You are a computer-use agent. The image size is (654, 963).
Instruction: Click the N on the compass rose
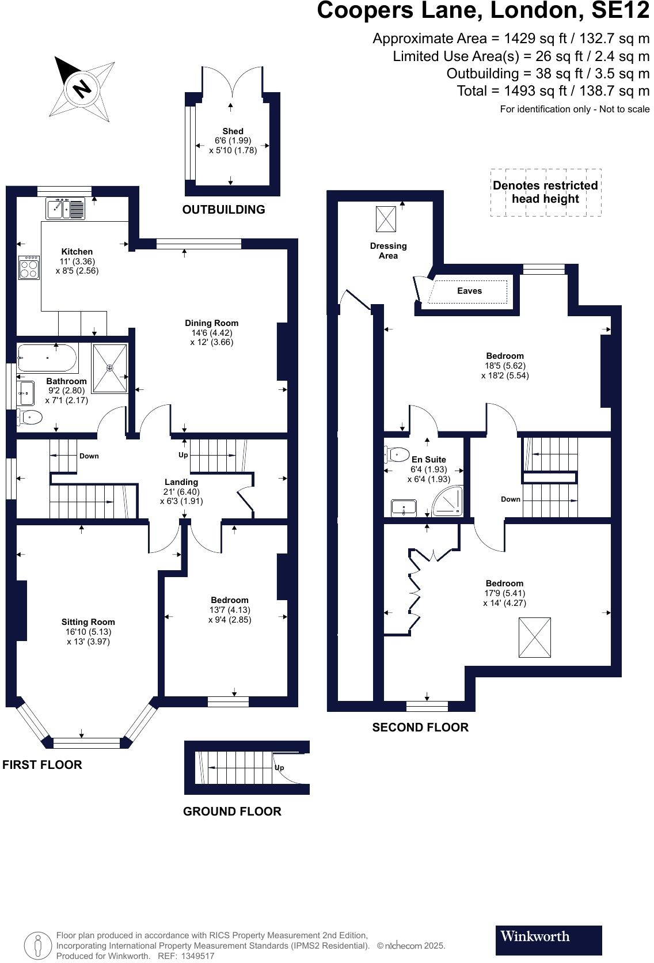pos(82,89)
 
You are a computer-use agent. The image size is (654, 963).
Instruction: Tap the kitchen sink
pos(65,208)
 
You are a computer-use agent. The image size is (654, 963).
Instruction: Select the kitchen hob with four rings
pos(29,268)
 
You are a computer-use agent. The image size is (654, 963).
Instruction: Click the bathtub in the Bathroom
pos(47,358)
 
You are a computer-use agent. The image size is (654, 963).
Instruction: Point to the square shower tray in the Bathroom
pos(109,368)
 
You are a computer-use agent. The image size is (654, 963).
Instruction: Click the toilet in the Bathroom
pos(29,416)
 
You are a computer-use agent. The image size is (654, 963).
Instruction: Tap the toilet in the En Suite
pos(397,454)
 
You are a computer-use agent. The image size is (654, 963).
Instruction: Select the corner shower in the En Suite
pos(448,501)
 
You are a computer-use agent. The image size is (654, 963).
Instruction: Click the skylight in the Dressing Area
pos(386,219)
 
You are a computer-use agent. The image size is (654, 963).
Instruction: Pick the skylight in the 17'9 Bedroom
pos(535,638)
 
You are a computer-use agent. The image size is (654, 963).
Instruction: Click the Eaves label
pos(469,291)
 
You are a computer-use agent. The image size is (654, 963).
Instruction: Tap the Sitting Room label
pos(88,621)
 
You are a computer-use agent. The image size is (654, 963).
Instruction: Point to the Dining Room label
pos(211,323)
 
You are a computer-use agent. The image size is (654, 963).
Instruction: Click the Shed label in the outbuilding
pos(233,131)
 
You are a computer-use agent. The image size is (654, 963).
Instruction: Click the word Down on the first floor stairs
pos(89,456)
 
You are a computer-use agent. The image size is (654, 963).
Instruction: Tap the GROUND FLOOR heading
pos(232,812)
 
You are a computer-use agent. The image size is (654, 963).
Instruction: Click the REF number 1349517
pos(197,956)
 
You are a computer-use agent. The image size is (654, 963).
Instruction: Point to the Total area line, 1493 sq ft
pos(553,91)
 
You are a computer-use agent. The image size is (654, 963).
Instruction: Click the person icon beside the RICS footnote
pos(38,946)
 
